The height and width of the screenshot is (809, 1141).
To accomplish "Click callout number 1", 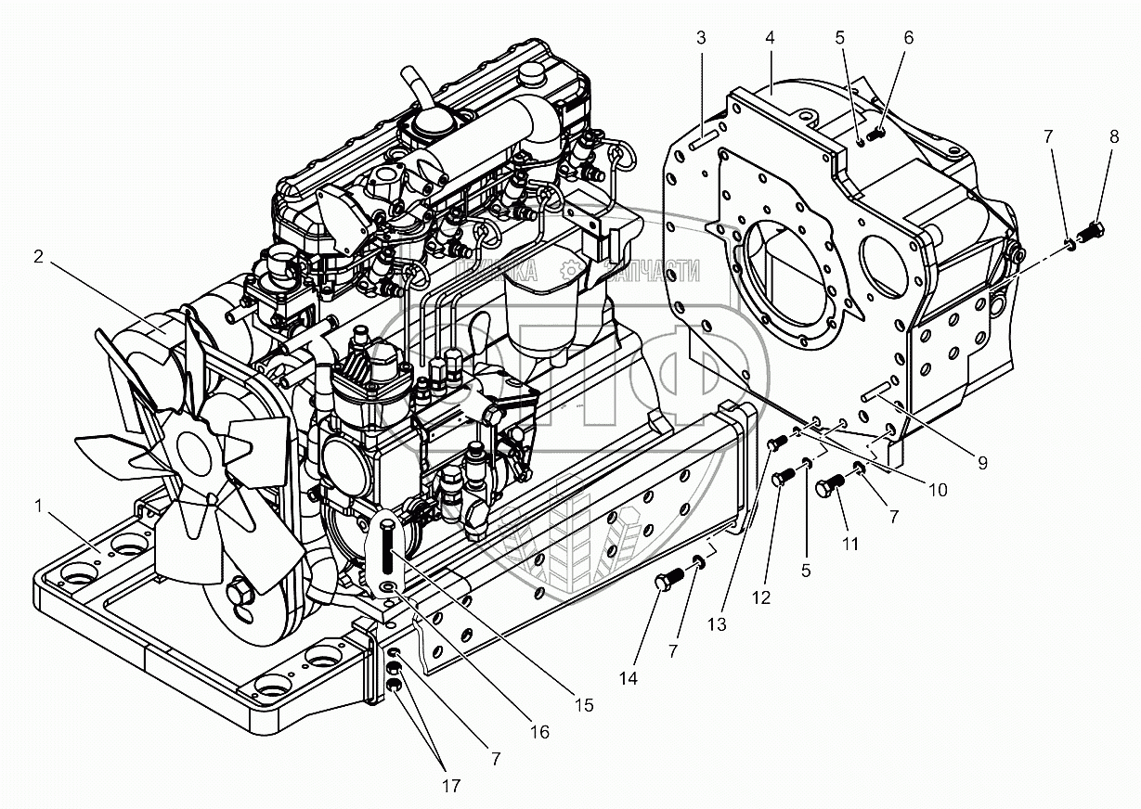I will click(x=38, y=507).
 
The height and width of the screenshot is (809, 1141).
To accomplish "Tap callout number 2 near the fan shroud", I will click(x=38, y=258).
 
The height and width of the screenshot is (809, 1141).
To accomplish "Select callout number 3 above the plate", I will click(x=701, y=38).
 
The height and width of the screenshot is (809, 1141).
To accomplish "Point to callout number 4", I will click(x=770, y=38).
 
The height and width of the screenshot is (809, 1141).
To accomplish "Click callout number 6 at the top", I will click(x=908, y=38).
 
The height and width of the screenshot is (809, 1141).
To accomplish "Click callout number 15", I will click(x=583, y=706).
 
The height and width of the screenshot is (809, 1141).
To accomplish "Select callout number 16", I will click(x=540, y=733).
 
